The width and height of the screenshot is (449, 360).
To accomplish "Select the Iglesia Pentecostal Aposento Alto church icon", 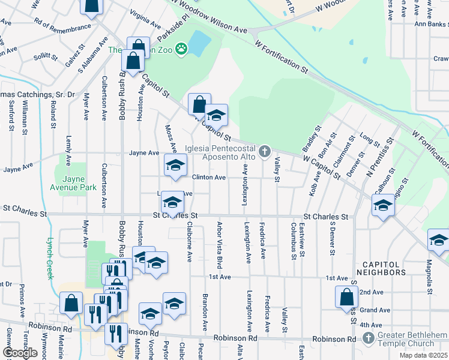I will pos(265,151).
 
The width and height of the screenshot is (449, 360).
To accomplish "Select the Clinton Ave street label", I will pos(209,178).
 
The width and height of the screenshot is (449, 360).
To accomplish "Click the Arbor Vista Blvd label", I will pos(220,245).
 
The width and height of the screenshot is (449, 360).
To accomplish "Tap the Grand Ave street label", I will pos(376,310).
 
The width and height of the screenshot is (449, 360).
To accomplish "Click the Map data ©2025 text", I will pos(423,355).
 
